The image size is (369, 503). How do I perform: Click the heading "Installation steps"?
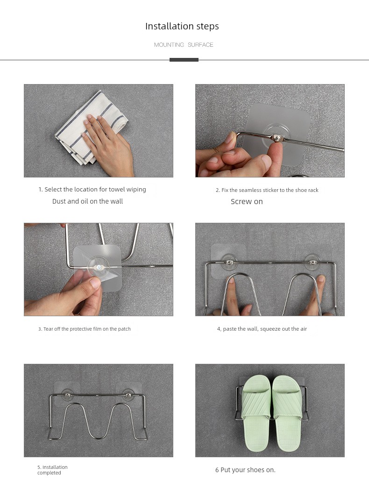click(182, 26)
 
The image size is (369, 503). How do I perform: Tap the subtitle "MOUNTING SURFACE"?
click(184, 44)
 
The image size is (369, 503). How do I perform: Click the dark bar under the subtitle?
click(184, 60)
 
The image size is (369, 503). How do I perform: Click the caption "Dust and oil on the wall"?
click(88, 201)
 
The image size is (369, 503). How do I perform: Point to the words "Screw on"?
click(247, 202)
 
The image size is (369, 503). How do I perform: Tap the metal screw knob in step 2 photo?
click(276, 139)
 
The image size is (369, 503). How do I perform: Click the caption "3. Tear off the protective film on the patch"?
click(85, 329)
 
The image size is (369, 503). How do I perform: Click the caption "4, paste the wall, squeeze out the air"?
click(262, 329)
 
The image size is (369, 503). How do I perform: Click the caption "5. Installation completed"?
click(52, 470)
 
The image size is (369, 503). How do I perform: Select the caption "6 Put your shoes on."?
click(246, 470)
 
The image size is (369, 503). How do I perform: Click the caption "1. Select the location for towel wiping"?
click(92, 190)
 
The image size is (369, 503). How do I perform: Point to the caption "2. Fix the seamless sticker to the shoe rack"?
click(267, 190)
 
